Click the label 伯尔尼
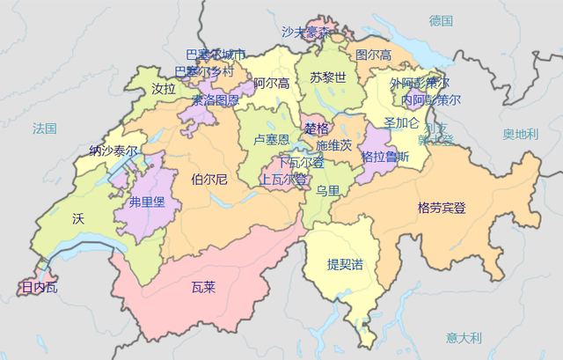coord(209,180)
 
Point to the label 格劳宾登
coord(442,209)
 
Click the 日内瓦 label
coord(40,287)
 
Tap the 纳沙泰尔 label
coord(113,151)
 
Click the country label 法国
coord(44,129)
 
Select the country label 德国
coord(441,20)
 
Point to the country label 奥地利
coord(520,134)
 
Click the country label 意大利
coord(464,337)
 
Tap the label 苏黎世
coord(327,77)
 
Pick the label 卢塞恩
coord(271,140)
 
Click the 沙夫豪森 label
coord(306,32)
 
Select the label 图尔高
coord(373,55)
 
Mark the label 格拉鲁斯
coord(385,157)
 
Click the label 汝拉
coord(164,89)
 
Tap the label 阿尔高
coord(271,84)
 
